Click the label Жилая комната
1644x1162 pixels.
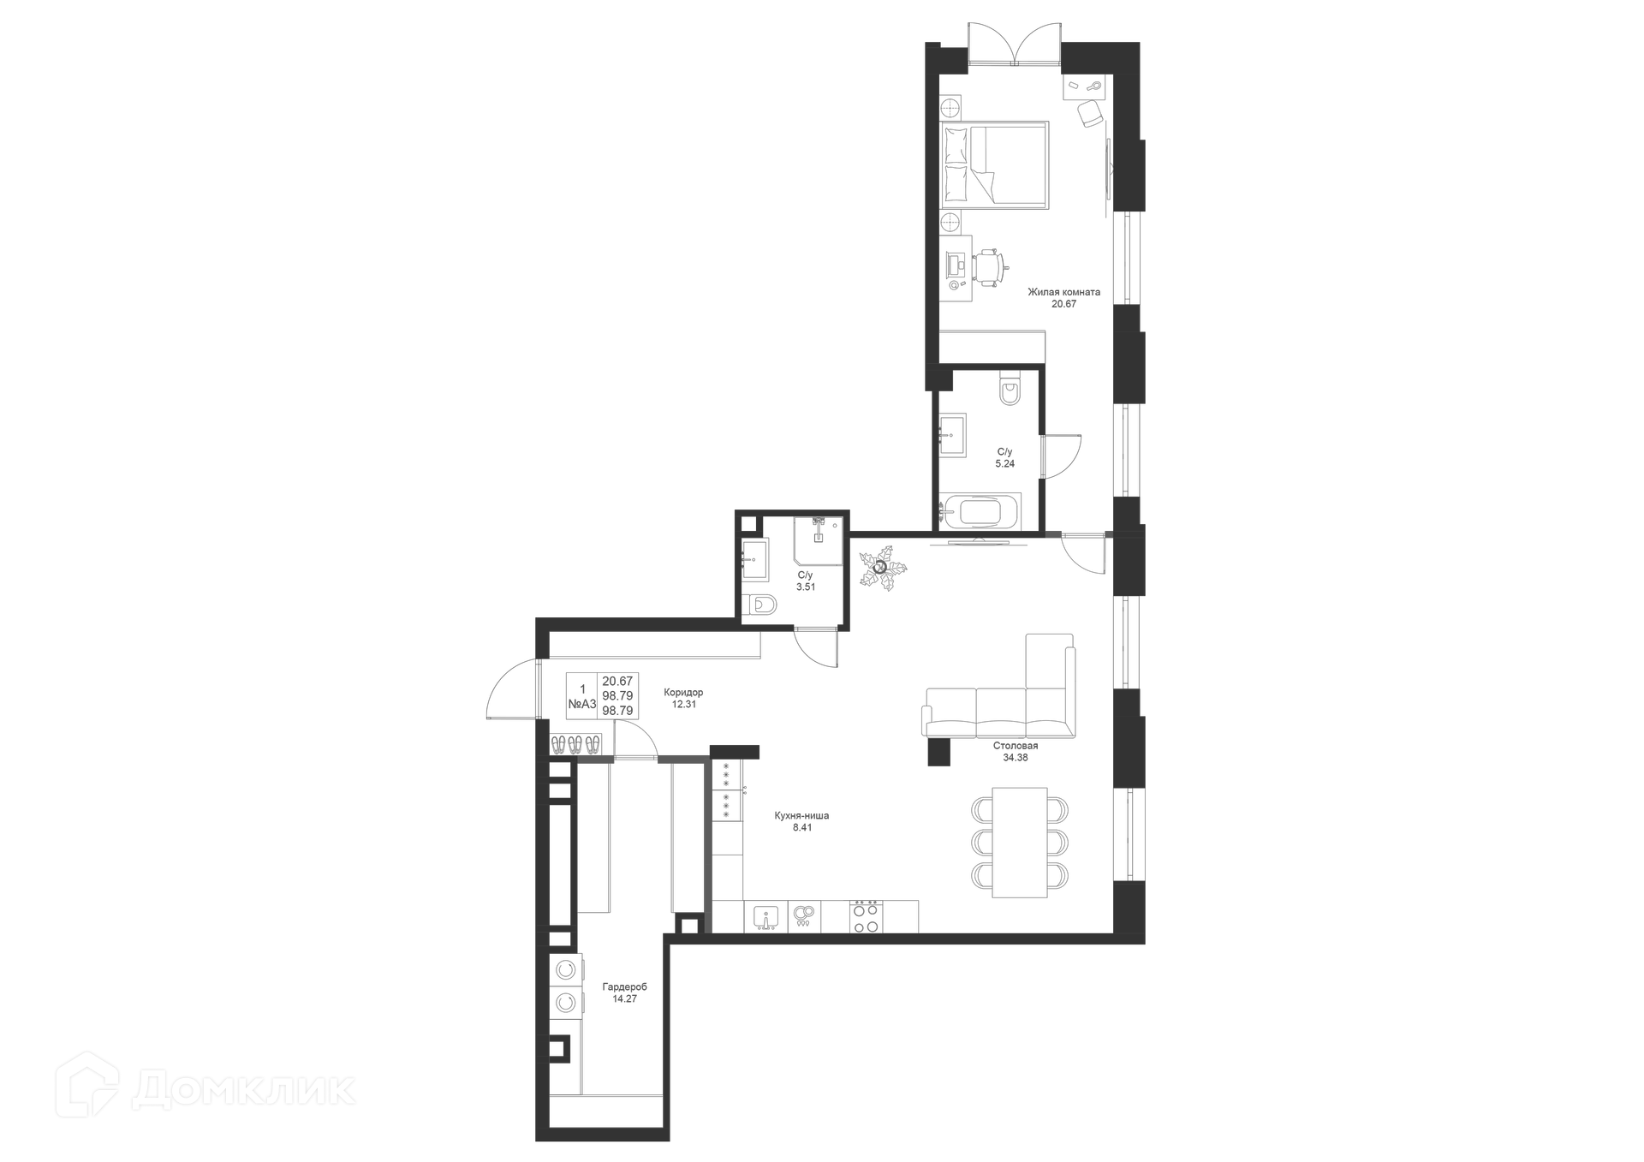tap(1063, 292)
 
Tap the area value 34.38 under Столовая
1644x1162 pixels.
tap(1015, 758)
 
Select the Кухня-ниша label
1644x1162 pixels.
tap(801, 816)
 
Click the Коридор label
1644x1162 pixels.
tap(683, 693)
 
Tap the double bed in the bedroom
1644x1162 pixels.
tap(994, 165)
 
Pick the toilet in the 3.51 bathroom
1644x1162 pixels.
tap(761, 606)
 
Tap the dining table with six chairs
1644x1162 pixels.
tap(1020, 843)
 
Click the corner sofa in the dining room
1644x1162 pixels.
tap(1010, 702)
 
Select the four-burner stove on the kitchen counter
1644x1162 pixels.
tap(865, 917)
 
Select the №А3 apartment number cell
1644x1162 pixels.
tap(582, 704)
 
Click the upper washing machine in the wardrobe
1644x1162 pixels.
tap(565, 969)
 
